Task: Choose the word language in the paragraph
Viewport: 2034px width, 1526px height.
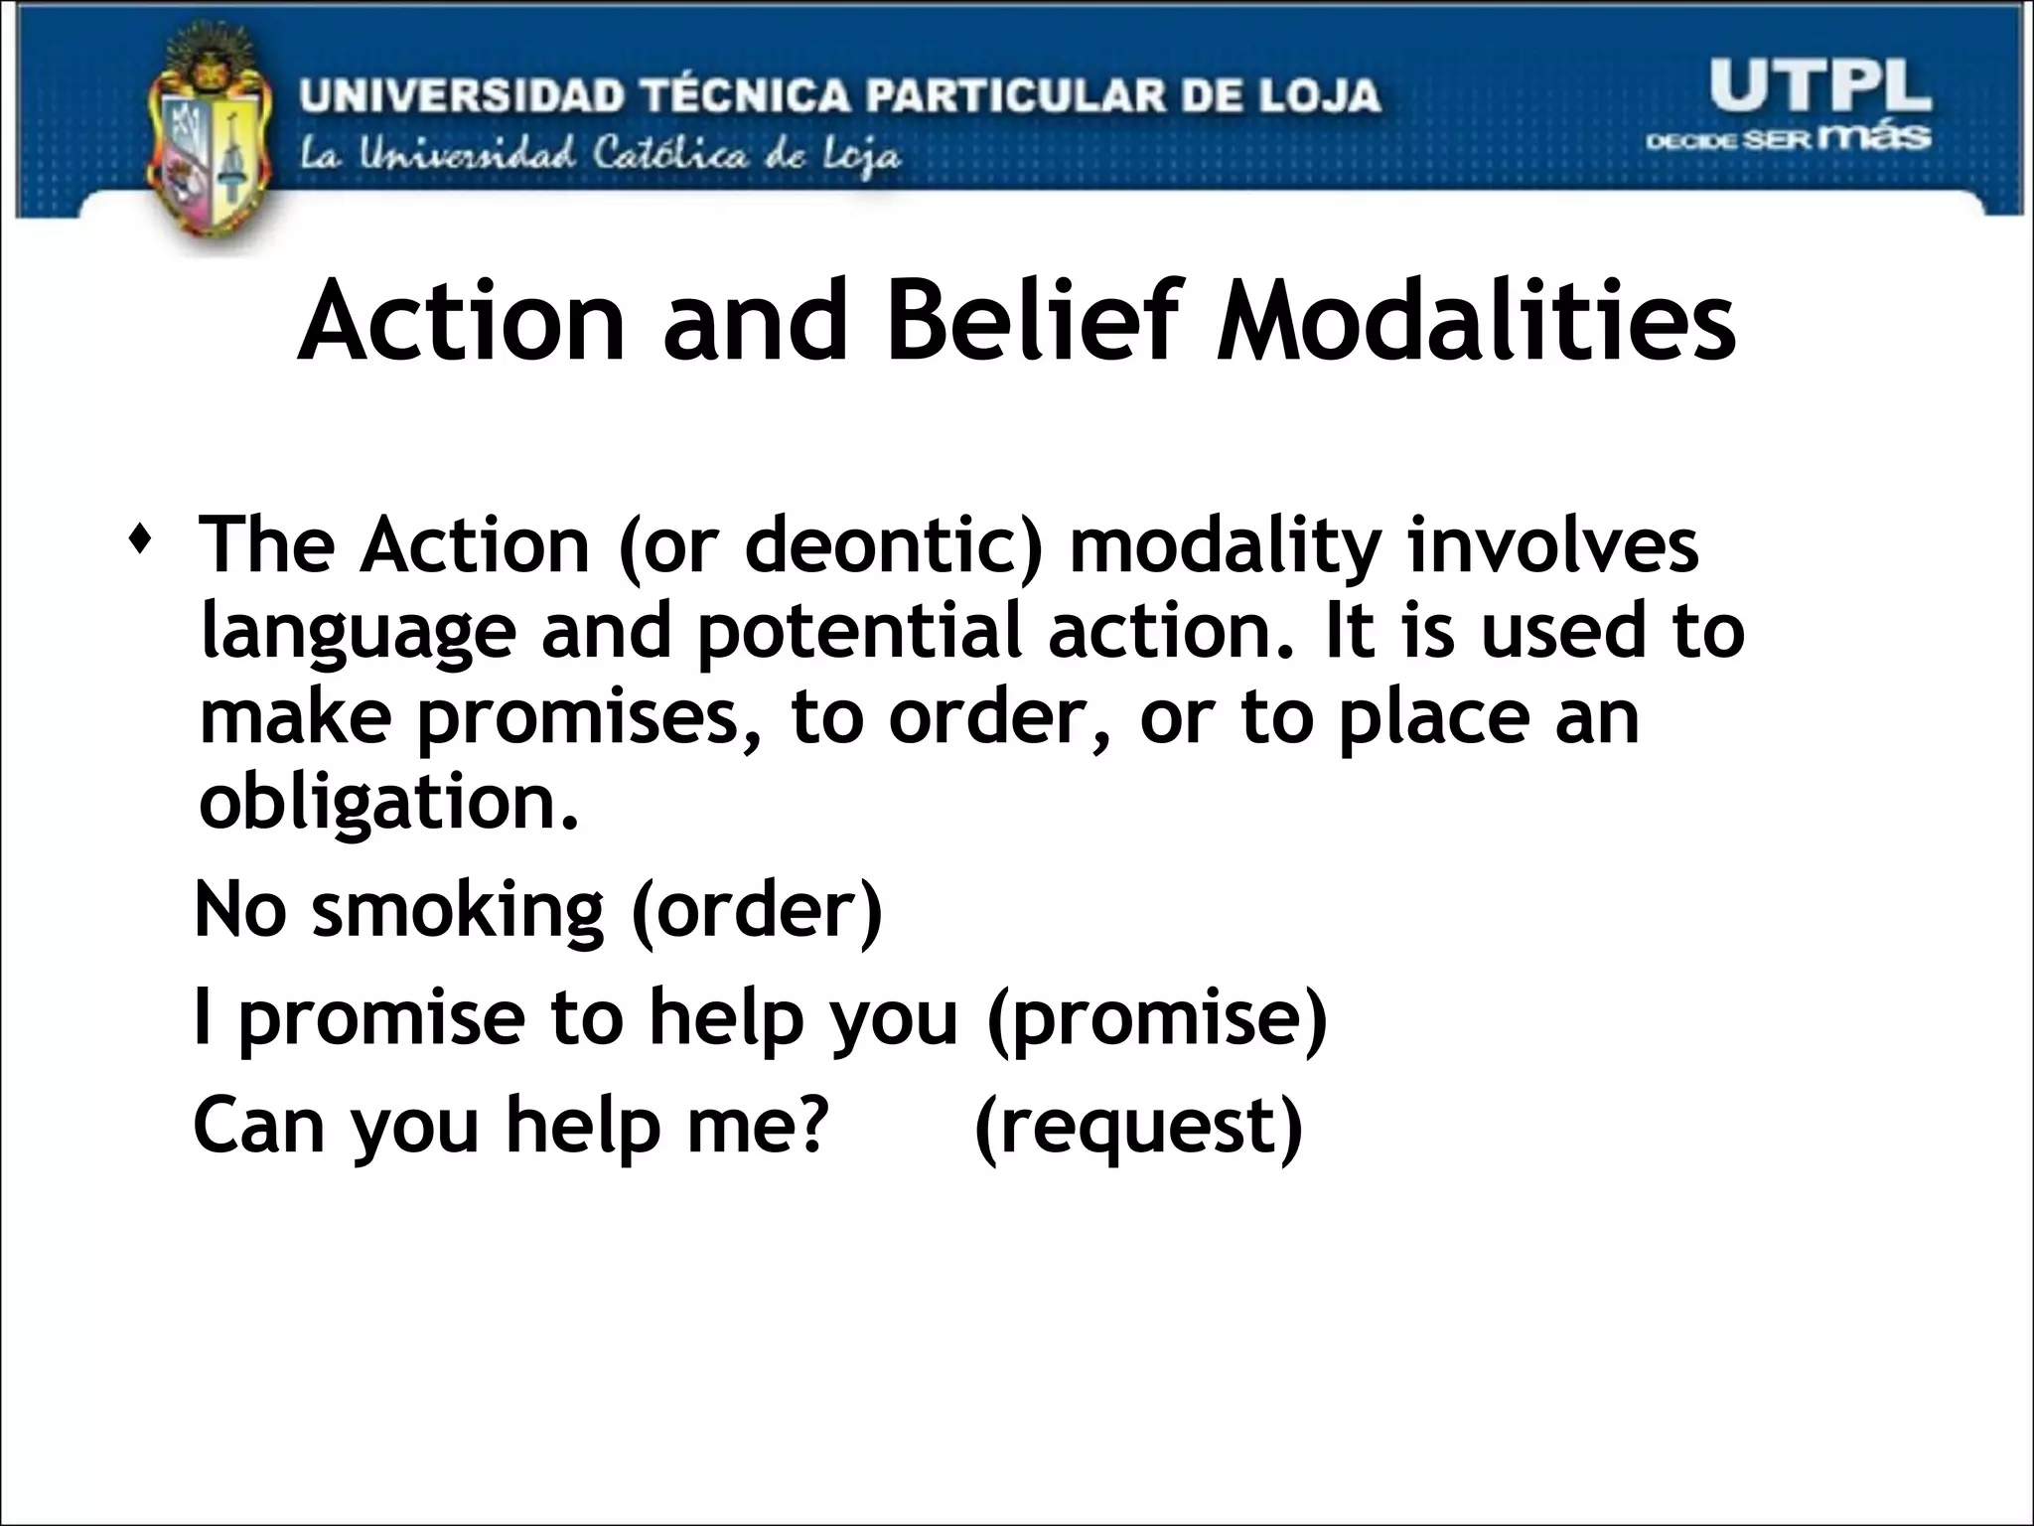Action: click(x=358, y=633)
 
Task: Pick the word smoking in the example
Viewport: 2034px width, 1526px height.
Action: click(x=458, y=911)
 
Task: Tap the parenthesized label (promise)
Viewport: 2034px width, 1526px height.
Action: click(x=1157, y=1019)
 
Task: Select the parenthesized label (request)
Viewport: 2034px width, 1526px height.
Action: click(x=1138, y=1127)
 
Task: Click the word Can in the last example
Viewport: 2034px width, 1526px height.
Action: click(x=259, y=1125)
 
